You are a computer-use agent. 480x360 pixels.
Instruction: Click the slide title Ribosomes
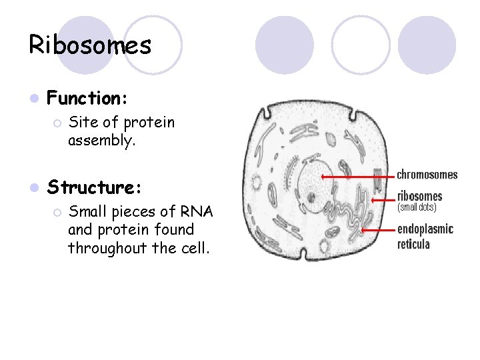90,45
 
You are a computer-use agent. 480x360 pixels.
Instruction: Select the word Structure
93,187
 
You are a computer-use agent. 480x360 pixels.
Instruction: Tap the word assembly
101,141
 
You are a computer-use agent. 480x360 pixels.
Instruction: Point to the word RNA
196,212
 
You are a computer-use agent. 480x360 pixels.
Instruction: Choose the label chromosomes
427,175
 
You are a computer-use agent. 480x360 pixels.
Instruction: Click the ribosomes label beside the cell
419,196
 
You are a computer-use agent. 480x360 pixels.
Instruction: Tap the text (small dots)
417,207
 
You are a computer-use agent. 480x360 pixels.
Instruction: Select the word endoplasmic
425,229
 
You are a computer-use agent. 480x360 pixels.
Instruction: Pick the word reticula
414,244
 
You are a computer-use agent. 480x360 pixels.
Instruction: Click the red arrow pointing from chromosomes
356,177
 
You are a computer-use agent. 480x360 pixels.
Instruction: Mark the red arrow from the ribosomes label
381,199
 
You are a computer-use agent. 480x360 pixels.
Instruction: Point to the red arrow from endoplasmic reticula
377,230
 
